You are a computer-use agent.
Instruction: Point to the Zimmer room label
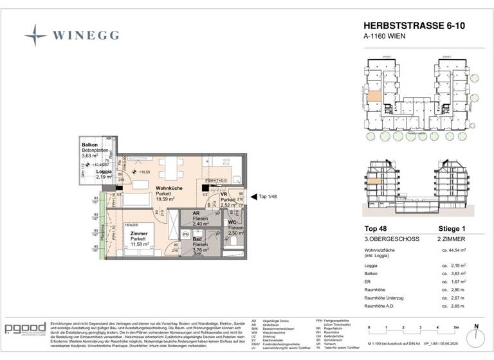139,234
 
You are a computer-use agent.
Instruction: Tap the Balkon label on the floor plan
89,145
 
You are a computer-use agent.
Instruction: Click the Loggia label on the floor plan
104,172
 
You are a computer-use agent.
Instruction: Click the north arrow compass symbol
477,337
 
